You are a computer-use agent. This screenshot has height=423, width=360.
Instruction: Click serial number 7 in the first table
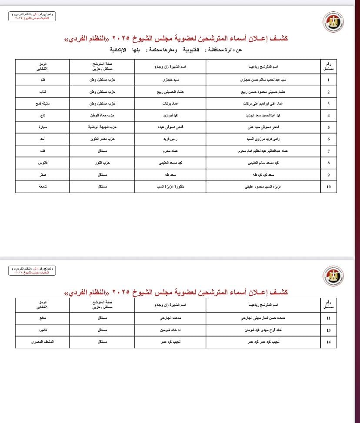[328, 151]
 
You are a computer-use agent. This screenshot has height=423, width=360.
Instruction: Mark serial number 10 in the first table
[328, 187]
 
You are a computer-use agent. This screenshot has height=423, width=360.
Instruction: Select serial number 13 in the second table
[328, 330]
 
